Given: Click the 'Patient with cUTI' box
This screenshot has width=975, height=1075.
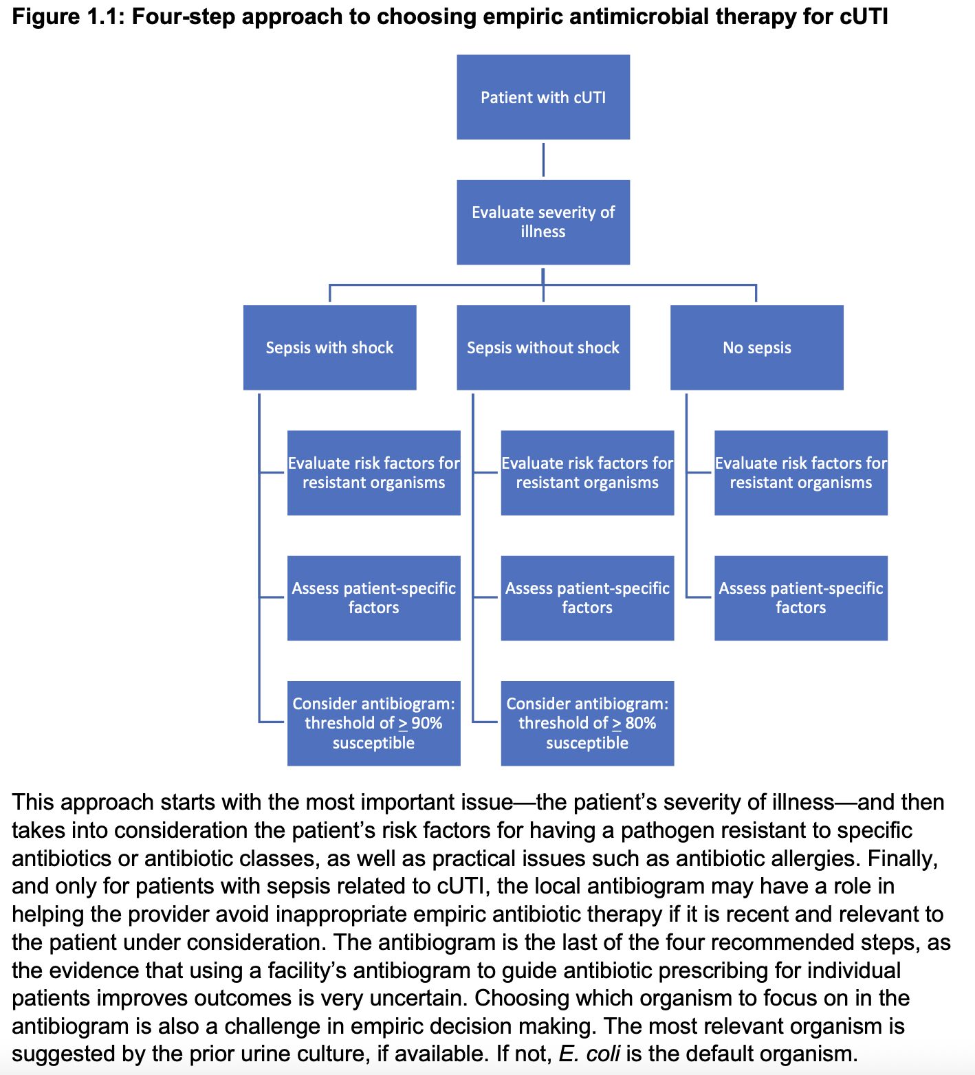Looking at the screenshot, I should point(543,97).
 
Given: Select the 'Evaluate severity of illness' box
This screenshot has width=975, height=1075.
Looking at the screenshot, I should point(543,222).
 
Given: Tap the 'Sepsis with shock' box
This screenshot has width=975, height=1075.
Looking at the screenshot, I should point(329,347).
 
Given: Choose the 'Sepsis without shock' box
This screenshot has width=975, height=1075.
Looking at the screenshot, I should point(543,347).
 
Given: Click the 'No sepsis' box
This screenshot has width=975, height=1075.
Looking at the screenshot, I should point(756,347).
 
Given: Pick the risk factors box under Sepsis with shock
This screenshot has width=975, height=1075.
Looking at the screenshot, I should point(373,473).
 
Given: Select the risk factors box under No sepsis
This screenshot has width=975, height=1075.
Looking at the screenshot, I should point(800,473).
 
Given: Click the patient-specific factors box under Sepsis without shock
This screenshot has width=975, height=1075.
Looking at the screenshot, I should point(587,598).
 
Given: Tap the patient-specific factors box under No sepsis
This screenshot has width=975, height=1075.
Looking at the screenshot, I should point(800,598).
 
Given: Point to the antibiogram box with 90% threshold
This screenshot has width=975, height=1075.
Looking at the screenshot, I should point(373,723).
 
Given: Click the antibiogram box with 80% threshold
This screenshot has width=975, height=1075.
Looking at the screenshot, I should point(587,723).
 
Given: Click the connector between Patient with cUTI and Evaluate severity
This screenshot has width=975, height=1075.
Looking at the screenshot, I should point(543,159).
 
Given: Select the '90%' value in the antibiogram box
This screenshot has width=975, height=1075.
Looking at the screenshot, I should point(426,723).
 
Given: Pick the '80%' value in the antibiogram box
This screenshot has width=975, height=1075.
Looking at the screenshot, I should point(640,723).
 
